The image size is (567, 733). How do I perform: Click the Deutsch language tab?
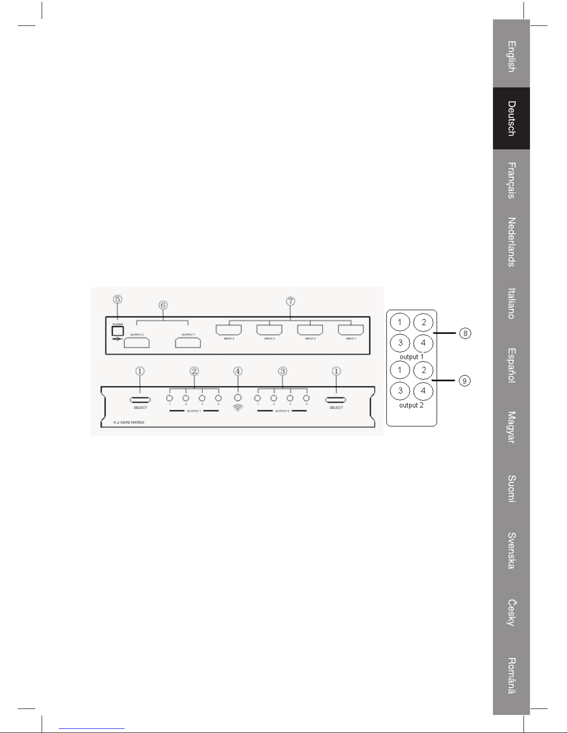tap(511, 118)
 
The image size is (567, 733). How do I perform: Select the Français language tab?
tap(511, 180)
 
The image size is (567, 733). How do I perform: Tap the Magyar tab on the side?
tap(511, 427)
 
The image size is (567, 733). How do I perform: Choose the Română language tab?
tap(511, 676)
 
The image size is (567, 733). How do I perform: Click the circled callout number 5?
tap(118, 299)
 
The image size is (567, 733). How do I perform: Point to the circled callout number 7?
tap(290, 301)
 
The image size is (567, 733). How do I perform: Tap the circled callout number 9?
tap(466, 380)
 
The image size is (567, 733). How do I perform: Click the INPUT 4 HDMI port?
tap(229, 330)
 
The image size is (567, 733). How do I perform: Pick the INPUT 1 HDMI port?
tap(351, 330)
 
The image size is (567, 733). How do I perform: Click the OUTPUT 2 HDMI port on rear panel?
tap(137, 342)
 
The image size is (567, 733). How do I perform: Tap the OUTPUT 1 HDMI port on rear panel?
tap(188, 342)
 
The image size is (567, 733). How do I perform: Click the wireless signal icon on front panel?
tap(237, 408)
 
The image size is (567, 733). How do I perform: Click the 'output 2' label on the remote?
tap(411, 405)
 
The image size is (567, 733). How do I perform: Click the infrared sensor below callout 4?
tap(238, 398)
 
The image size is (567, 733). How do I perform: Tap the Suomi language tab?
tap(511, 489)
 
